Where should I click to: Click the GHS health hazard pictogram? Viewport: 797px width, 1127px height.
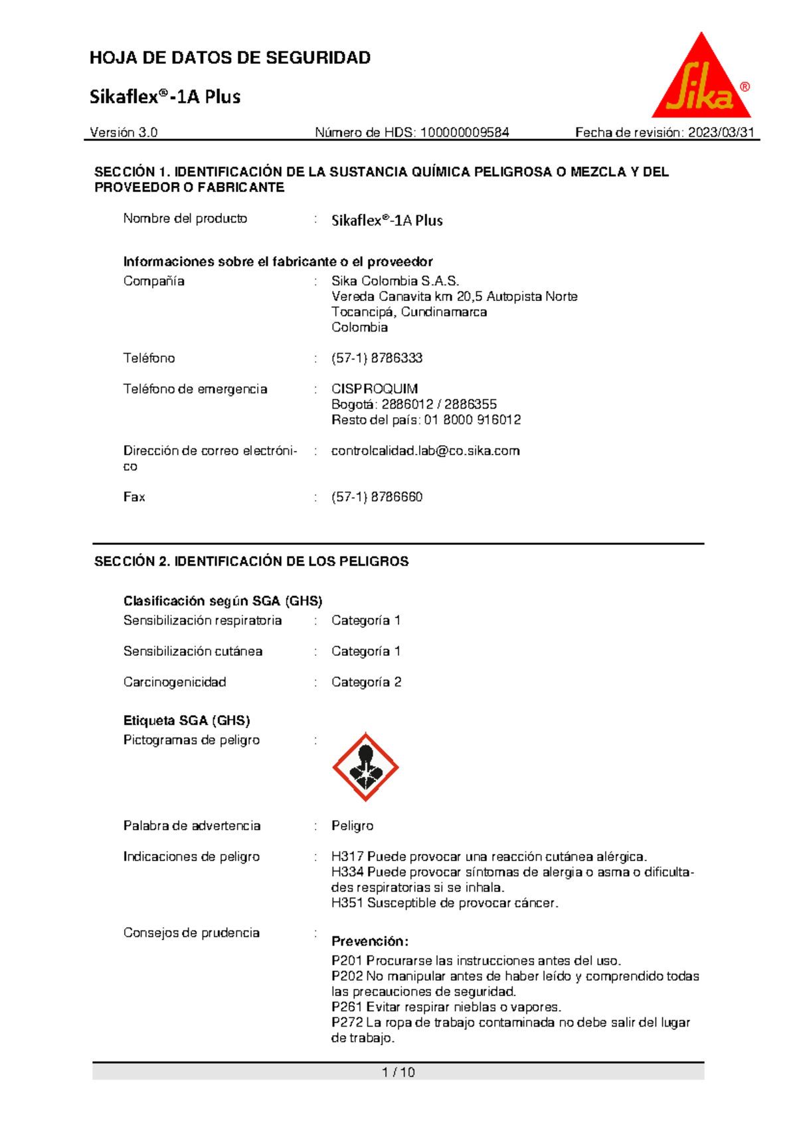[x=365, y=768]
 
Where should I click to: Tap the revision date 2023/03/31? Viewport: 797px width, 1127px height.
[x=721, y=132]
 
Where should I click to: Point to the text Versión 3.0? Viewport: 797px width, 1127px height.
[x=124, y=132]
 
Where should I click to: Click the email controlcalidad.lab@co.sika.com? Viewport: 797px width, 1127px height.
[x=425, y=451]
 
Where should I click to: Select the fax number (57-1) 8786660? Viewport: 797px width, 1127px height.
[x=377, y=497]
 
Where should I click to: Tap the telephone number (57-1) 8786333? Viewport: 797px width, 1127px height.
[x=377, y=358]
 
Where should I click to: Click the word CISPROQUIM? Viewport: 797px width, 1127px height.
[x=375, y=389]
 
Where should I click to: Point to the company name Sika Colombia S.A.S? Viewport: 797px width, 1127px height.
[x=395, y=281]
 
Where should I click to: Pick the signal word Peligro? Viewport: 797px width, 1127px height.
[x=352, y=825]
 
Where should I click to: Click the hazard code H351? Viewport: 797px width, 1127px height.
[x=347, y=903]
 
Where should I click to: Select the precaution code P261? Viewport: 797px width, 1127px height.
[x=347, y=1007]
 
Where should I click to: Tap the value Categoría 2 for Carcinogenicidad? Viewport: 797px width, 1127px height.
[x=366, y=682]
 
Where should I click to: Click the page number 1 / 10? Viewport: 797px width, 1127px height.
[x=398, y=1072]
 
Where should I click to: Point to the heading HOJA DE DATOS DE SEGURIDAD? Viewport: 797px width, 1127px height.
[x=230, y=58]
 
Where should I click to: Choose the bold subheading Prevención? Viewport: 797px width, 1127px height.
[x=369, y=941]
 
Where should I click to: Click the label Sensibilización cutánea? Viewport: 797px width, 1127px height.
[x=193, y=651]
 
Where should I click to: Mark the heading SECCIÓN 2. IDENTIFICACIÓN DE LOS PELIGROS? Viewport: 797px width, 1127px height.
[x=251, y=562]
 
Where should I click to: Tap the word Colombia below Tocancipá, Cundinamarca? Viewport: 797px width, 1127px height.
[x=359, y=327]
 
